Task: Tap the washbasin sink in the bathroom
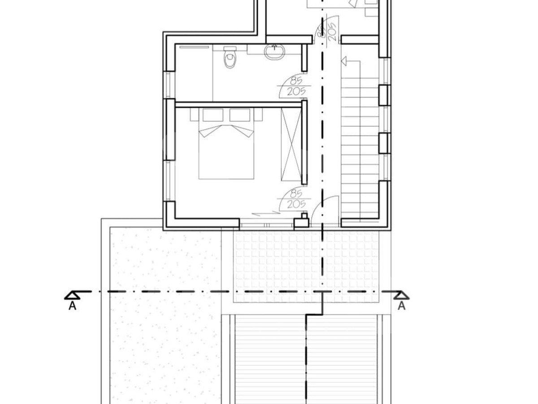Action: click(x=274, y=52)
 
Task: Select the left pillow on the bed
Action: click(x=213, y=115)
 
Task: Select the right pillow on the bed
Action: click(x=240, y=115)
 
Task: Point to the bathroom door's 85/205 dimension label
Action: click(x=296, y=86)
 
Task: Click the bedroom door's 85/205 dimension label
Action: click(x=296, y=199)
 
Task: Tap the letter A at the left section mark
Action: click(x=72, y=306)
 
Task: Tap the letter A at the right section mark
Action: click(x=401, y=306)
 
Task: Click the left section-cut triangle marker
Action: click(x=72, y=295)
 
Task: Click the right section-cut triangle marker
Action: click(x=401, y=295)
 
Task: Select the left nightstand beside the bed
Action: click(x=195, y=114)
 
